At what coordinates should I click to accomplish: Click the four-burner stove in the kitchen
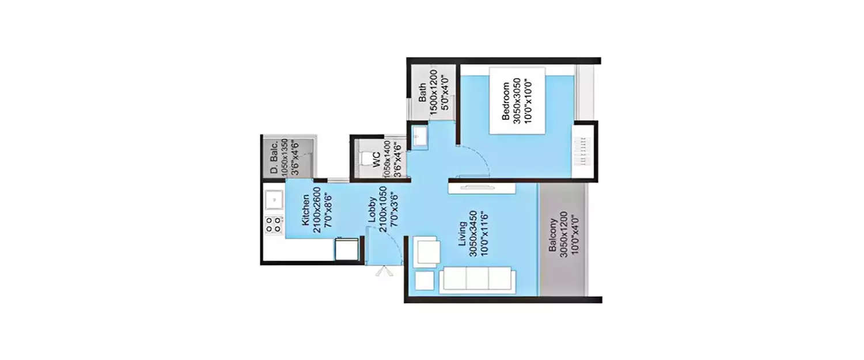[274, 224]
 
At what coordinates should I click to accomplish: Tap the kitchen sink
[274, 200]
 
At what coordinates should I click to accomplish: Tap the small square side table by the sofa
[424, 281]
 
